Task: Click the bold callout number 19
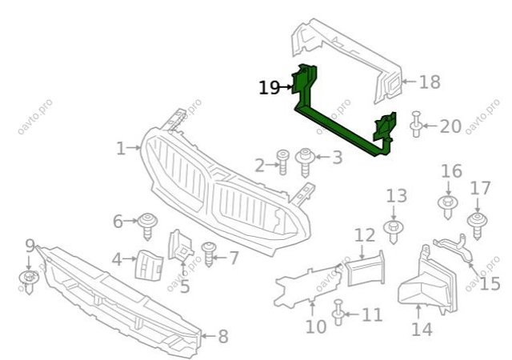[269, 87]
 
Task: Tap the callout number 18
[430, 82]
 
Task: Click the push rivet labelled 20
[416, 125]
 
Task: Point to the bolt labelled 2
[282, 162]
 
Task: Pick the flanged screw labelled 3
[305, 162]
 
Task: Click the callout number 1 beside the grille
[121, 149]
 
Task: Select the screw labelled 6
[147, 226]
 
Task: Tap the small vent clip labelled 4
[149, 265]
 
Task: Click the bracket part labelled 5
[180, 246]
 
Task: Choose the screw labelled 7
[208, 254]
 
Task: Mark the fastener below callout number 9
[29, 282]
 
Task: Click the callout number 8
[223, 337]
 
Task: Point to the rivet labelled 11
[338, 313]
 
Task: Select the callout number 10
[316, 326]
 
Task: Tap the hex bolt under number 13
[394, 231]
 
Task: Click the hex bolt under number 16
[448, 207]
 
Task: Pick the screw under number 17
[477, 226]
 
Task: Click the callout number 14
[422, 330]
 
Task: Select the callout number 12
[365, 235]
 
